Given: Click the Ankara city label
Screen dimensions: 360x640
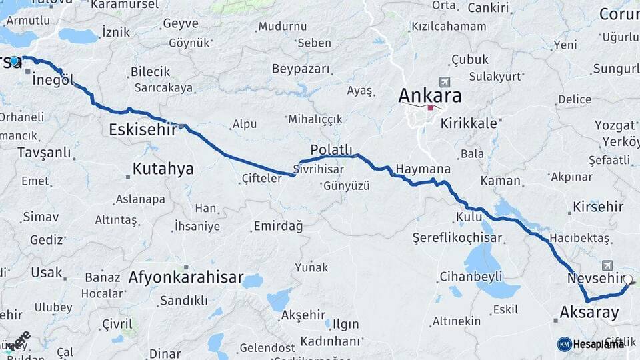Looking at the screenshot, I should (429, 95).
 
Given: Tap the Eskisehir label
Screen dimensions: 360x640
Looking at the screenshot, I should (143, 130).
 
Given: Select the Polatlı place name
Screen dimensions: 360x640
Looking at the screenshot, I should (331, 149).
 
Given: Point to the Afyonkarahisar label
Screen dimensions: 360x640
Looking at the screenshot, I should (186, 277).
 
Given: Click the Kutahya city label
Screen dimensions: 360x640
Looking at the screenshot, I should (163, 169).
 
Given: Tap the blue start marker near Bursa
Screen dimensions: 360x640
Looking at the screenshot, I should (14, 61).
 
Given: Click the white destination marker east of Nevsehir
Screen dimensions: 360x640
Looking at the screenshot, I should (627, 280).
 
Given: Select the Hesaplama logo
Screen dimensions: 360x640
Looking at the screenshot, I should (591, 343).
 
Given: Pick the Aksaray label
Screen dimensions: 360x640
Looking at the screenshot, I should (589, 312).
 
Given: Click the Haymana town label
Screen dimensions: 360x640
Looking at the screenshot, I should (423, 169).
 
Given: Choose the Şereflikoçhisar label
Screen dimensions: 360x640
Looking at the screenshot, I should (457, 237).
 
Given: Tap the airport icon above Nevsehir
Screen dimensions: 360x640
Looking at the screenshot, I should (607, 265).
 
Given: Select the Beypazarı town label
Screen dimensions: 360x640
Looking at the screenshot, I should (301, 69).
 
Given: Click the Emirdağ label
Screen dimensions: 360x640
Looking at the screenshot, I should (278, 227).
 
